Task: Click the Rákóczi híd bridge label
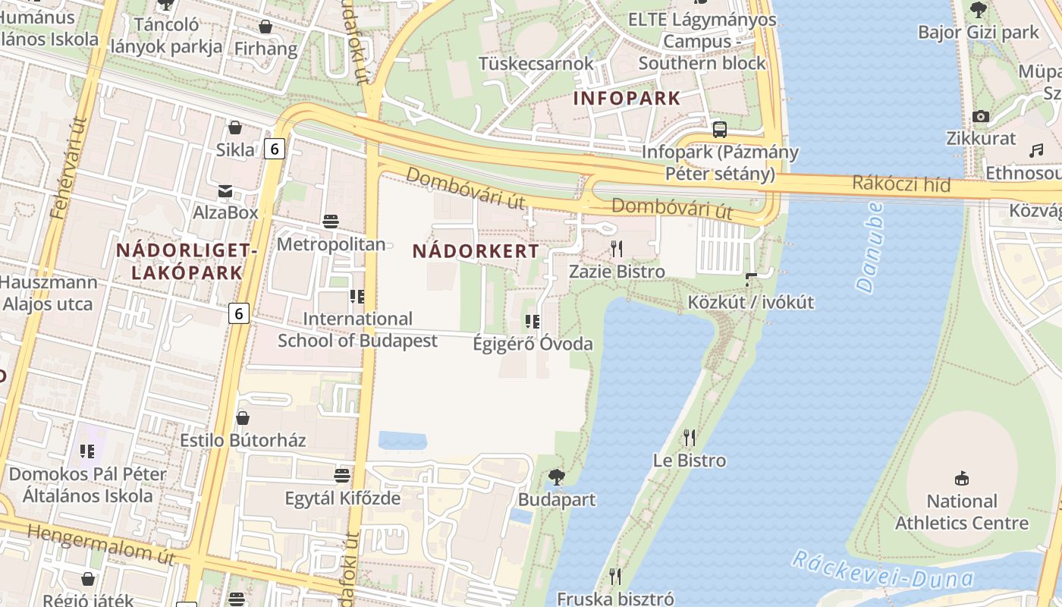click(901, 184)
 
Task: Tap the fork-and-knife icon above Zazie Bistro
click(617, 248)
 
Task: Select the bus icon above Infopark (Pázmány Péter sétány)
click(719, 129)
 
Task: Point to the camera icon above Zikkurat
click(981, 116)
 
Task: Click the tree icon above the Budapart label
click(556, 477)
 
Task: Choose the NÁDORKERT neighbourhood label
click(476, 251)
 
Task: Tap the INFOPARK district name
click(627, 98)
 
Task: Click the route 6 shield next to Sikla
click(275, 149)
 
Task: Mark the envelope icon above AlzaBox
click(225, 190)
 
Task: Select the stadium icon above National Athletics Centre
click(962, 478)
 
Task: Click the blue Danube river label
click(869, 247)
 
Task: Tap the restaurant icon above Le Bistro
click(689, 438)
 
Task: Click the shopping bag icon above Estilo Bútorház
click(243, 418)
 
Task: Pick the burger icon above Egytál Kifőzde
click(342, 476)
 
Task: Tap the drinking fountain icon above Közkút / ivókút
click(750, 280)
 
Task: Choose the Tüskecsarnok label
click(536, 63)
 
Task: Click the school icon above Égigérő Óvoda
click(533, 322)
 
